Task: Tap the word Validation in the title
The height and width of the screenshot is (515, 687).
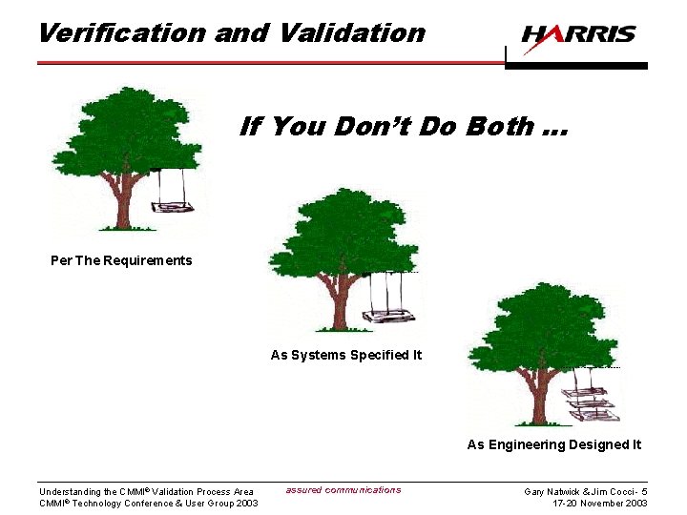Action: [x=352, y=32]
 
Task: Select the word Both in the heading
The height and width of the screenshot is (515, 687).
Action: [x=500, y=126]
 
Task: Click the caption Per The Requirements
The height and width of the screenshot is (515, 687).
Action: [x=121, y=260]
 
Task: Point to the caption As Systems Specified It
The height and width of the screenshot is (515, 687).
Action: [x=345, y=355]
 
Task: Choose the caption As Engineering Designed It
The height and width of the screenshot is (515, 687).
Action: [x=553, y=444]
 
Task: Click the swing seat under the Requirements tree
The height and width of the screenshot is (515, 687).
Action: [x=171, y=206]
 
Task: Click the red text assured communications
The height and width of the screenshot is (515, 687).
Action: [x=343, y=490]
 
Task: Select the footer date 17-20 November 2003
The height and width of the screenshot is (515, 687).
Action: [x=600, y=504]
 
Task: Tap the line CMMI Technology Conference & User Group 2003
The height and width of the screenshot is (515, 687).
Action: [x=148, y=504]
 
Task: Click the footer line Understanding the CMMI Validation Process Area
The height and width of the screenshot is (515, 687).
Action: [x=146, y=492]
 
